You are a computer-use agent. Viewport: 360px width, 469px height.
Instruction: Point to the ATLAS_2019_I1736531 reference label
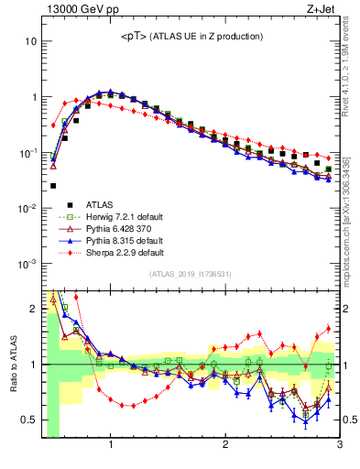click(x=191, y=275)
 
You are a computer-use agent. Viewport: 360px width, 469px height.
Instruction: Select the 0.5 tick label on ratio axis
click(x=28, y=420)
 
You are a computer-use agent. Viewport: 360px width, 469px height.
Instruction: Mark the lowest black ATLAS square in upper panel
click(x=53, y=186)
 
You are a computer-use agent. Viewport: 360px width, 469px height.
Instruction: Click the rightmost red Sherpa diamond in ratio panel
click(x=329, y=329)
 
